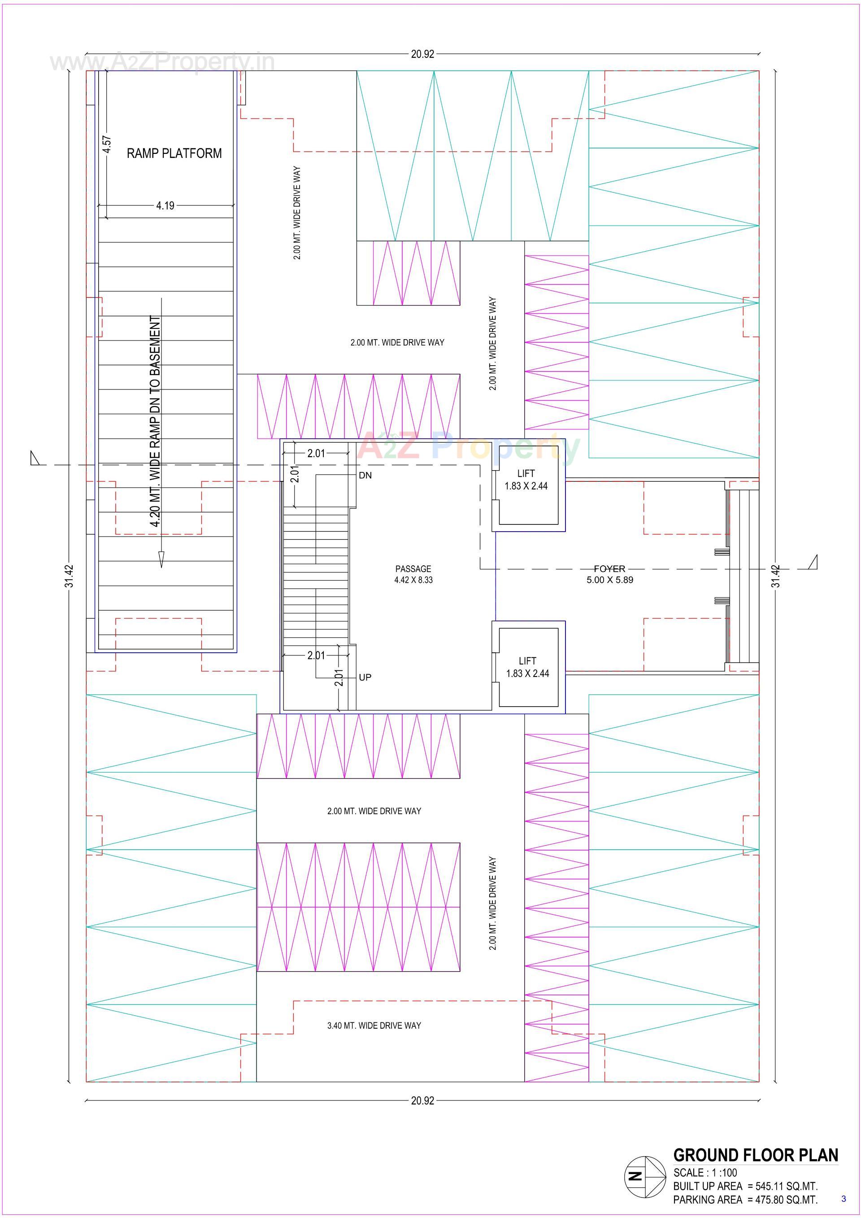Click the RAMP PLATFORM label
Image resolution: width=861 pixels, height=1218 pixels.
[174, 153]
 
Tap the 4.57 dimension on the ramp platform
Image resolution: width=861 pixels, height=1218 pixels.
[107, 144]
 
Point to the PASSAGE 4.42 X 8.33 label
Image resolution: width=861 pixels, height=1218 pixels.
[413, 574]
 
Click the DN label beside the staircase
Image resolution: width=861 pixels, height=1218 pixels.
[365, 476]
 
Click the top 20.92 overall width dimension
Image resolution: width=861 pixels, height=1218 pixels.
[422, 53]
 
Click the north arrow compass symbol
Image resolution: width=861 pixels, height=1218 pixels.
[644, 1176]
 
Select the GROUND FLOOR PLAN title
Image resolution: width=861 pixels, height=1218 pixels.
[756, 1155]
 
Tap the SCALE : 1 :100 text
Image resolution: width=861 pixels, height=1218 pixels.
[704, 1172]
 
